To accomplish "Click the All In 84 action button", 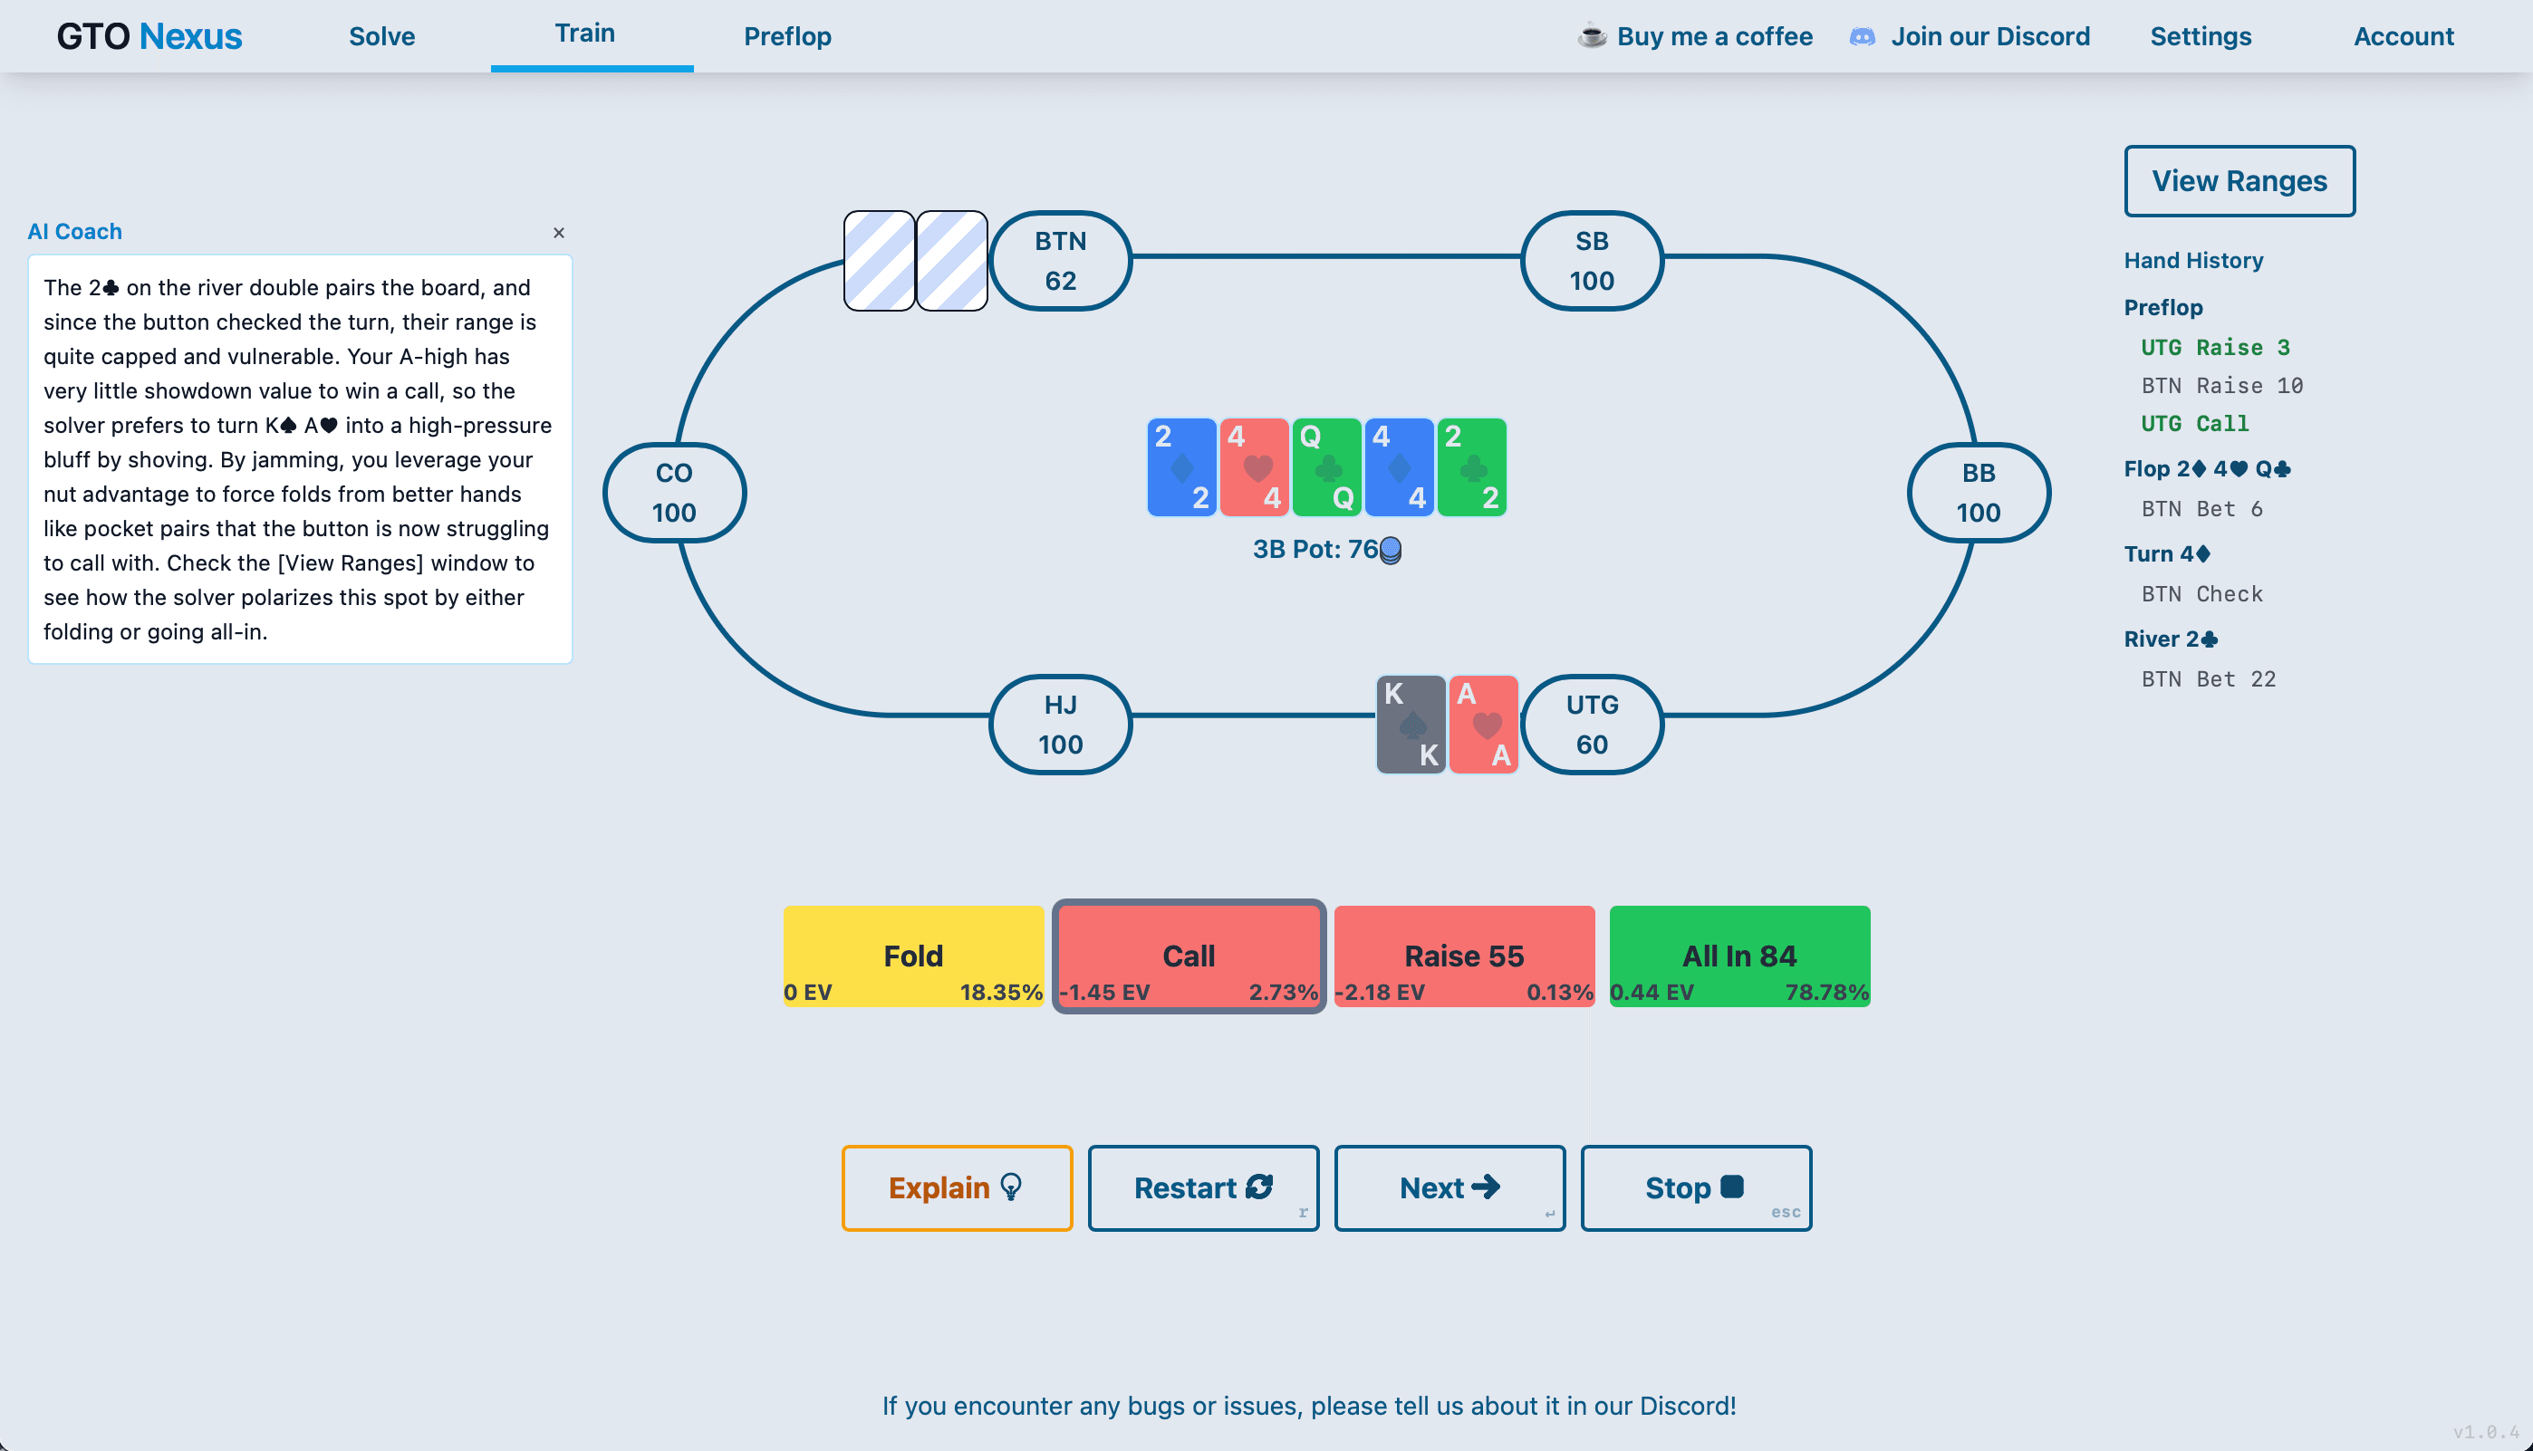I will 1738,956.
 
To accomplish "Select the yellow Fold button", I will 913,956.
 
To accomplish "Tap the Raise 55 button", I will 1464,956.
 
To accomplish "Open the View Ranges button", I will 2239,180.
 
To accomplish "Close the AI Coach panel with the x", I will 559,232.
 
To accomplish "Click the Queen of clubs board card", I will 1326,466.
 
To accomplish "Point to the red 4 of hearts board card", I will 1254,466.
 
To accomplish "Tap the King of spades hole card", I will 1411,725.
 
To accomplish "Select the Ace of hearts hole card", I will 1483,725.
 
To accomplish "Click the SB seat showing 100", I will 1592,260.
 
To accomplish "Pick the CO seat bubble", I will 675,493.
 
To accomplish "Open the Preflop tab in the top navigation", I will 787,37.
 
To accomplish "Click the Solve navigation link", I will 381,37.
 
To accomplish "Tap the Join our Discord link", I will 1989,37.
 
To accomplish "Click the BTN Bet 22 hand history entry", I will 2208,678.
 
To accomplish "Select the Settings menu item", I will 2201,37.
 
